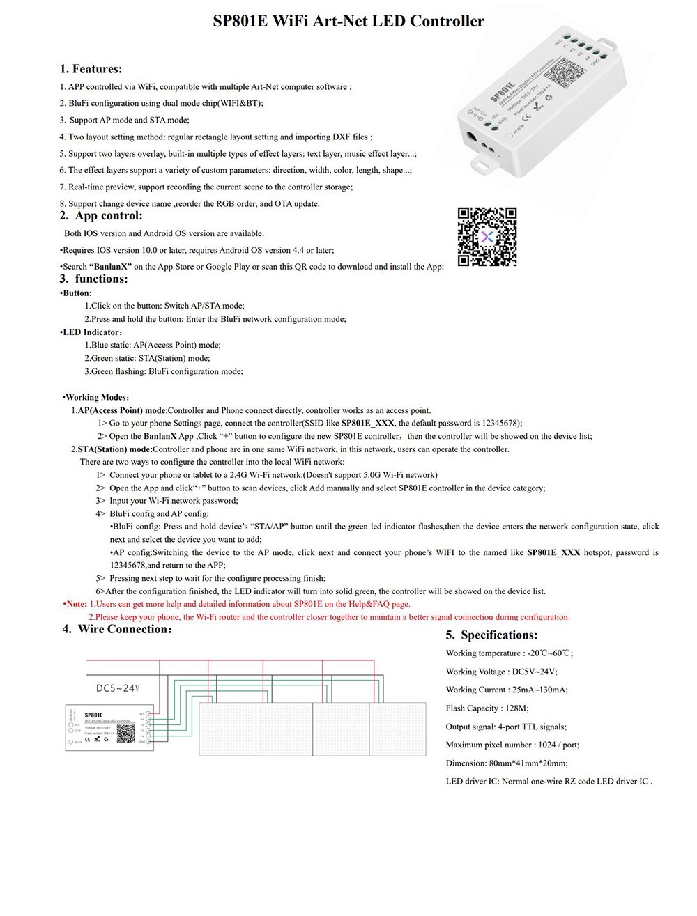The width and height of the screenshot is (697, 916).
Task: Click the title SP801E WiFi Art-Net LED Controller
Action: [x=348, y=22]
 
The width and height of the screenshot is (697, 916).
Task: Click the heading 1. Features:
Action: [x=91, y=69]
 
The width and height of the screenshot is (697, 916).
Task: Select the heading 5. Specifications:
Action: [x=491, y=635]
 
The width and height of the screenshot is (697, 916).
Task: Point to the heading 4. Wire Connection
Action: [x=117, y=630]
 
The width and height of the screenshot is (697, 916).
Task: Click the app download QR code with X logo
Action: [x=487, y=237]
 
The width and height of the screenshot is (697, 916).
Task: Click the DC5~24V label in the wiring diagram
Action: [x=118, y=688]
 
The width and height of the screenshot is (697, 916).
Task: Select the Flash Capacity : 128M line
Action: [x=487, y=708]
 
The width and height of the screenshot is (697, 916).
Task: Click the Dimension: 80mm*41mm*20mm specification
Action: [x=507, y=763]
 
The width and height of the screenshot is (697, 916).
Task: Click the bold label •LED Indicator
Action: [x=91, y=332]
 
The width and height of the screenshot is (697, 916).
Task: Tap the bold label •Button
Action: [x=75, y=293]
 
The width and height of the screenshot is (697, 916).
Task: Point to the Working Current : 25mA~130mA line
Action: [x=507, y=690]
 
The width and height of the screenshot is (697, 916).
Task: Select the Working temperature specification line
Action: [x=509, y=653]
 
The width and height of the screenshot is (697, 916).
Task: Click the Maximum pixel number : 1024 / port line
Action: [x=512, y=745]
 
